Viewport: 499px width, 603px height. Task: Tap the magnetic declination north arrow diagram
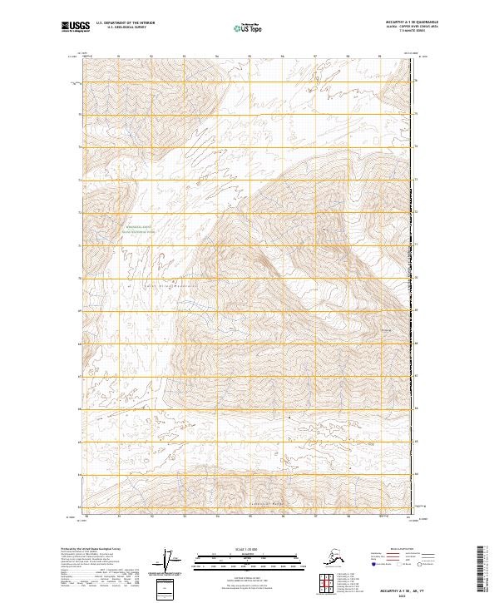pos(170,560)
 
